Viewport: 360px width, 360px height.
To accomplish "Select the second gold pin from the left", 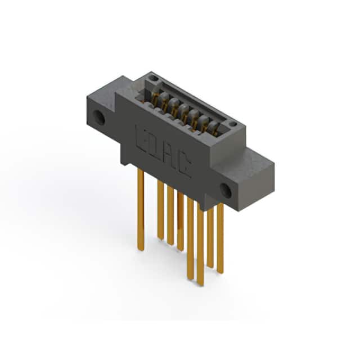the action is pyautogui.click(x=160, y=209).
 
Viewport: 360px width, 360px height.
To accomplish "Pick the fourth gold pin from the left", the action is pyautogui.click(x=180, y=221).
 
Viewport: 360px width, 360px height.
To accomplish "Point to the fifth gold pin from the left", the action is pyautogui.click(x=190, y=238).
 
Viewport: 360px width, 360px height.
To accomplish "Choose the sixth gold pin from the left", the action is pyautogui.click(x=200, y=244).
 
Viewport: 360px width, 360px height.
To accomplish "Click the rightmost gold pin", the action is pyautogui.click(x=220, y=238).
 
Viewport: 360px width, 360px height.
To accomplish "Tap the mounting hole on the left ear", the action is pyautogui.click(x=99, y=117).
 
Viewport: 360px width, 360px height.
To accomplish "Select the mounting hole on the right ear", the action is pyautogui.click(x=226, y=190).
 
